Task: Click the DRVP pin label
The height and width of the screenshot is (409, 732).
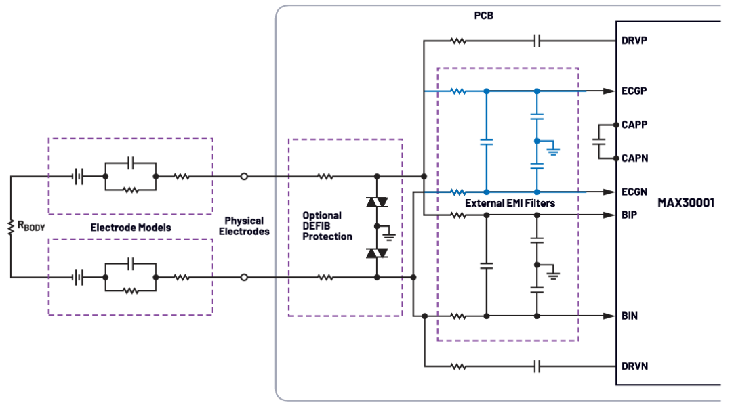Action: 634,41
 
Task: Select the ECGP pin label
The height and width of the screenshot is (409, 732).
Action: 634,91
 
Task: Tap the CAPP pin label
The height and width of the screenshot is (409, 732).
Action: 634,125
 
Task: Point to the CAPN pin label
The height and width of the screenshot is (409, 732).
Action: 634,158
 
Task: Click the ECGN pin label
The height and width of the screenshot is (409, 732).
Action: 634,192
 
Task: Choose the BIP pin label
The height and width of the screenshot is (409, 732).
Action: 628,215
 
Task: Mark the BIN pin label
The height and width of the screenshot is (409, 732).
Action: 629,316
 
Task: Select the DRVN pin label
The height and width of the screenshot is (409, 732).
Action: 634,366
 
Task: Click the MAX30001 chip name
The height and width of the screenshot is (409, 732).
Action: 685,202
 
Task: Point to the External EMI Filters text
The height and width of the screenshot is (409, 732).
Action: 510,203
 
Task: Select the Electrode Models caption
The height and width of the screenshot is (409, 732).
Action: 131,228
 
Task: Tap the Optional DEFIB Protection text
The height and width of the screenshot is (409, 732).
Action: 327,226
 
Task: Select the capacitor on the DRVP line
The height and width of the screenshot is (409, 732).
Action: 537,41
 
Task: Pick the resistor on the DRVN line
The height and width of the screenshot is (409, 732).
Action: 459,366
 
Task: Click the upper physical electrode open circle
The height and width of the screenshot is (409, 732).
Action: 244,177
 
